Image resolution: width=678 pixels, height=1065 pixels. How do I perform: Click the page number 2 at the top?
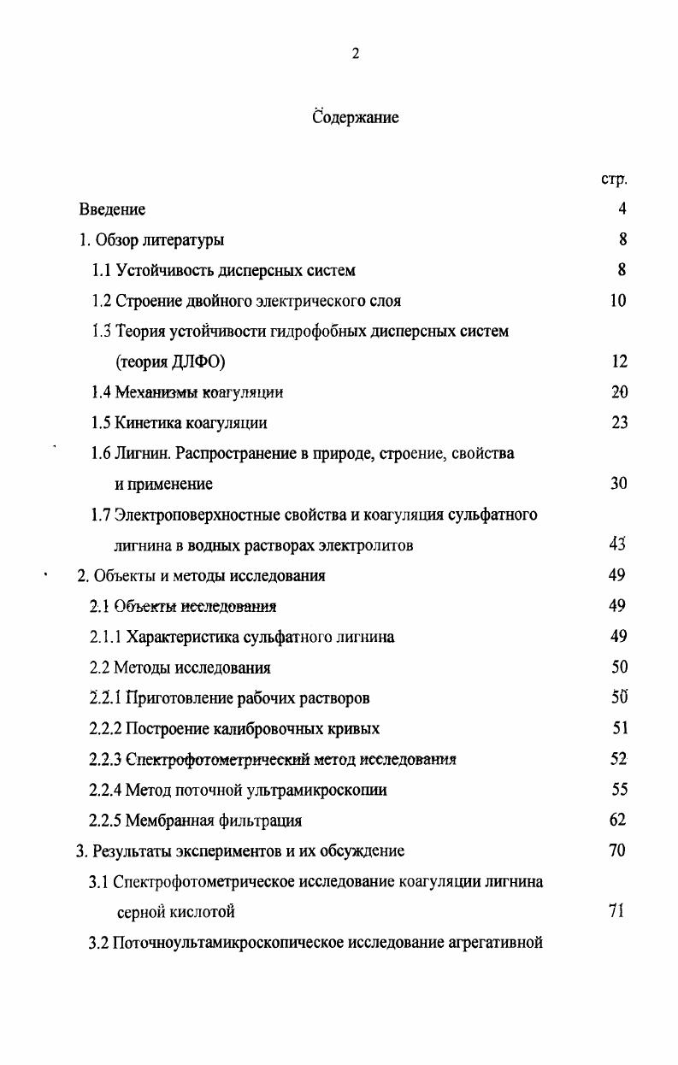pyautogui.click(x=356, y=54)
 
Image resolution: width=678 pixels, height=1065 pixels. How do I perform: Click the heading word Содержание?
pyautogui.click(x=356, y=117)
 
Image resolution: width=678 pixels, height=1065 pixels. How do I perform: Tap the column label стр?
pyautogui.click(x=614, y=179)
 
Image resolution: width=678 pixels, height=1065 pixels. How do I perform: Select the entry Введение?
pyautogui.click(x=112, y=209)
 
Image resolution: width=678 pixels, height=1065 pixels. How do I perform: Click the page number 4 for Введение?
pyautogui.click(x=622, y=209)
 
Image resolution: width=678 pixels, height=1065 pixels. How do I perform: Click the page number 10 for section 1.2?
pyautogui.click(x=619, y=301)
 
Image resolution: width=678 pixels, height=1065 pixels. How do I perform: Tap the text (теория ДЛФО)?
pyautogui.click(x=170, y=362)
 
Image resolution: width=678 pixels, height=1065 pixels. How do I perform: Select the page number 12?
pyautogui.click(x=619, y=362)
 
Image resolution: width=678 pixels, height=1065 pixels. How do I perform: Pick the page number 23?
pyautogui.click(x=619, y=423)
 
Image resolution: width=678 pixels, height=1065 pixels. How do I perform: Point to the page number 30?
pyautogui.click(x=619, y=484)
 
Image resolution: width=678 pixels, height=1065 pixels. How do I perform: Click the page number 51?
pyautogui.click(x=619, y=728)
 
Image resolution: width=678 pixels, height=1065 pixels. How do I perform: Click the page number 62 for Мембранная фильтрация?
pyautogui.click(x=619, y=821)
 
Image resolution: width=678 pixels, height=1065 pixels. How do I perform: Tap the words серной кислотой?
pyautogui.click(x=175, y=912)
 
